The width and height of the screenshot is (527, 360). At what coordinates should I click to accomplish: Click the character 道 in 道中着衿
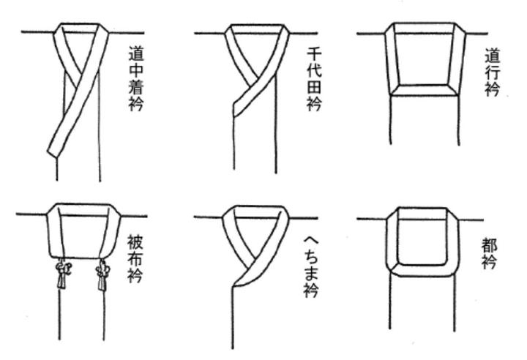[x=135, y=53]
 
